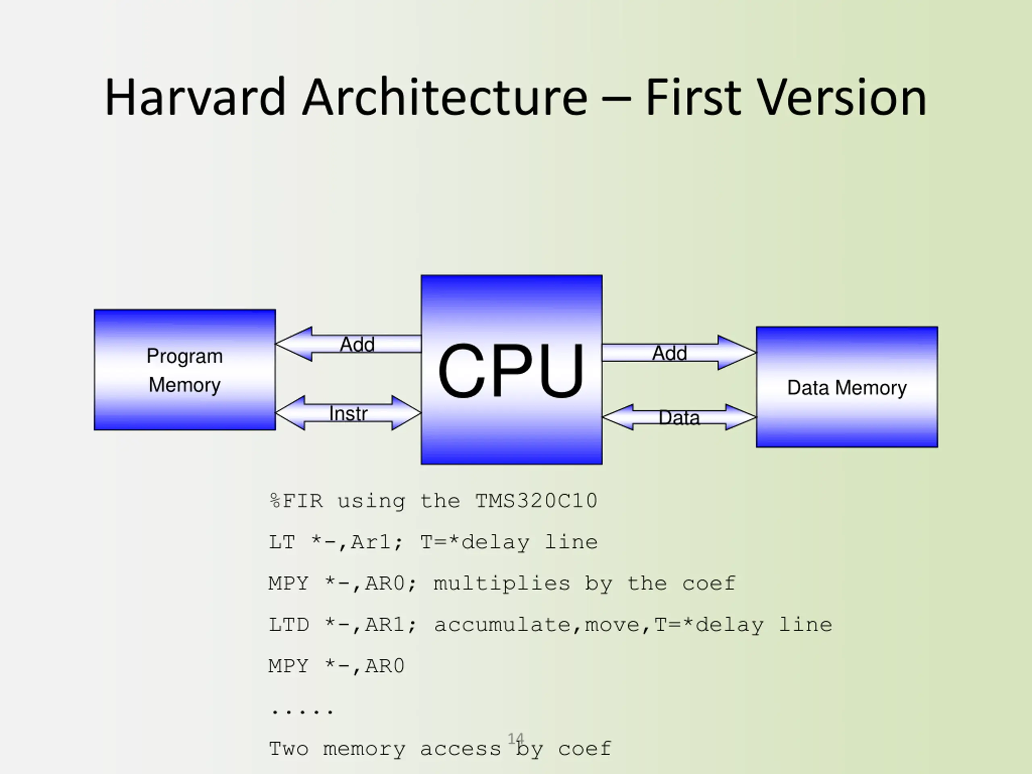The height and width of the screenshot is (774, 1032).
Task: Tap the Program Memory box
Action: coord(185,370)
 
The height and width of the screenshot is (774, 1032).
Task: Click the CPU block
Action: coord(511,370)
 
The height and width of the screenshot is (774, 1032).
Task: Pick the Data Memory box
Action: coord(847,387)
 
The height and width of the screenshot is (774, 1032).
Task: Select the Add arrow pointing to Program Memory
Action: coord(348,344)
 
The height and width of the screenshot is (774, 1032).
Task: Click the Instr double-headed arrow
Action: coord(348,413)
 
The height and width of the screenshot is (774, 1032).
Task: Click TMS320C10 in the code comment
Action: coord(536,501)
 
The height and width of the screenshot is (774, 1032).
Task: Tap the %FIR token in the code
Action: coord(296,501)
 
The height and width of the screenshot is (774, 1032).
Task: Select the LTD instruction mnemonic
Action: coord(289,625)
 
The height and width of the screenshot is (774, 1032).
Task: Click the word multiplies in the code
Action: coord(501,584)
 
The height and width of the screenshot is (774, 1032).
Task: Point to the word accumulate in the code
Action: coord(502,625)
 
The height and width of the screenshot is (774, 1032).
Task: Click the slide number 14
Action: coord(516,739)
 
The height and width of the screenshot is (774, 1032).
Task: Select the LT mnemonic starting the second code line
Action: coord(282,542)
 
